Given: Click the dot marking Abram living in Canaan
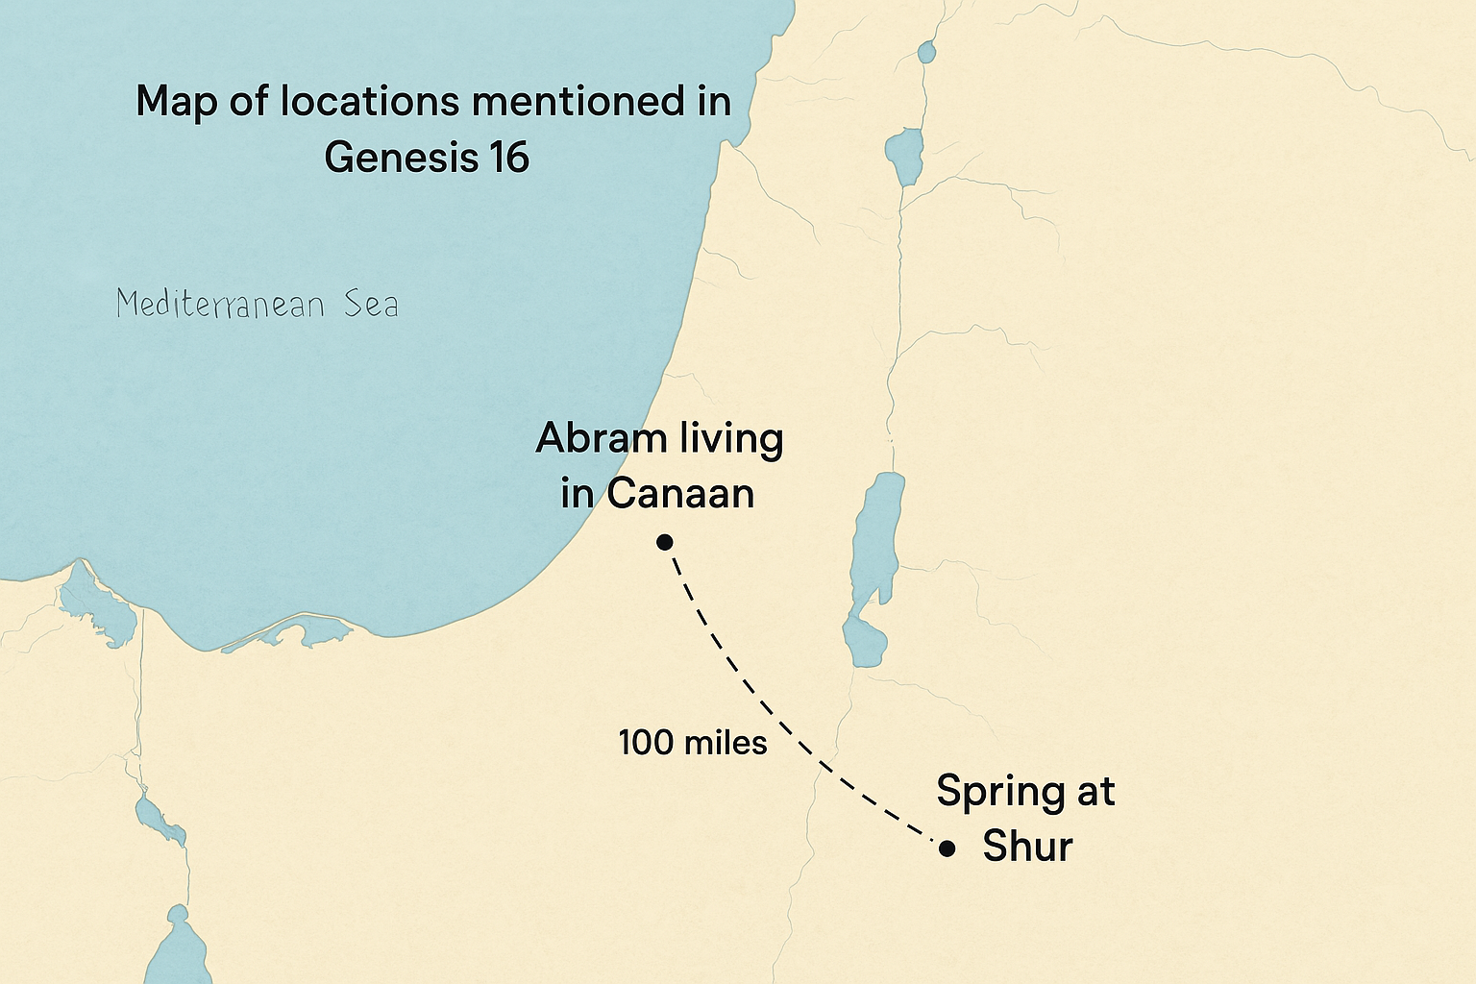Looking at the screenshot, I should pos(664,542).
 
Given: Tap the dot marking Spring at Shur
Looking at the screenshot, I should pos(947,848).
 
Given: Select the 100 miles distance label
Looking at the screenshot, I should pos(692,743).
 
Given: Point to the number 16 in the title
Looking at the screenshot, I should pos(508,157).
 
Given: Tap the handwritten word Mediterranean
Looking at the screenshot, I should pos(220,306).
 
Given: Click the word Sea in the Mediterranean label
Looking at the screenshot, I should pos(371,306).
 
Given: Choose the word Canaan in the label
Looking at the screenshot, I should pos(679,494).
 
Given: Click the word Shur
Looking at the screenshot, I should pos(1027,847).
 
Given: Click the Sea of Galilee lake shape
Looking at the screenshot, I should pos(903,157).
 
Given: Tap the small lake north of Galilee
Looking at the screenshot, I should pos(926,52).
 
